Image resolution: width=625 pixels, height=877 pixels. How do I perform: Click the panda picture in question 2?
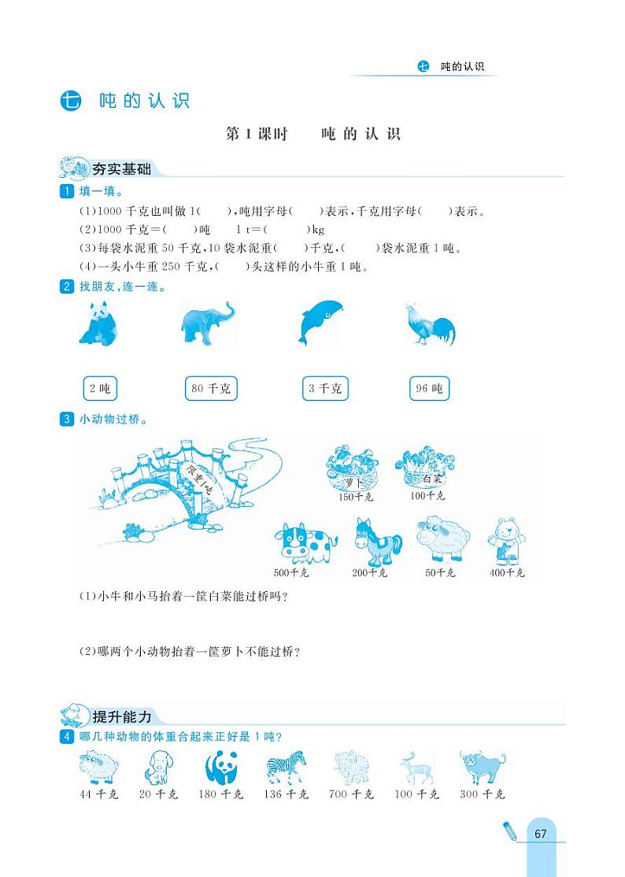[98, 324]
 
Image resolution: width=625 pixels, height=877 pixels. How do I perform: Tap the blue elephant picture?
[207, 324]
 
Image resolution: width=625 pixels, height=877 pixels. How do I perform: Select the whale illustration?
[320, 323]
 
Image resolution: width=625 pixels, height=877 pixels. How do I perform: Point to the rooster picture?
[429, 324]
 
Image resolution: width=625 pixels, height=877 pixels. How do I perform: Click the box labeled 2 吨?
[99, 388]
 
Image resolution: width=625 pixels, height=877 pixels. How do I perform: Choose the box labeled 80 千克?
[211, 388]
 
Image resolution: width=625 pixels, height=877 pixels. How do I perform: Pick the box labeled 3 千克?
[325, 388]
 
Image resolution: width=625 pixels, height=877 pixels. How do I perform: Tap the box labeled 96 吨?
[429, 388]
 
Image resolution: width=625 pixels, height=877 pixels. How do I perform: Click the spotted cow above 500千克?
[305, 543]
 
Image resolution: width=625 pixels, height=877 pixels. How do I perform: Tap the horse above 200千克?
[377, 542]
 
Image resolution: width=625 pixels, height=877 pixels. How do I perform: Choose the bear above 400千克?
[505, 542]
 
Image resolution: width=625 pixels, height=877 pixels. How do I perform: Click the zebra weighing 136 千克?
[286, 768]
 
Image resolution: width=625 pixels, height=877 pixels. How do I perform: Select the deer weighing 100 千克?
[416, 768]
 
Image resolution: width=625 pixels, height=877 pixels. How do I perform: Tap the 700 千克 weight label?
[351, 794]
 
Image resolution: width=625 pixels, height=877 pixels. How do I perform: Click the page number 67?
[540, 834]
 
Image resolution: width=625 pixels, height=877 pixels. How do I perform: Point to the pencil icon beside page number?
[509, 831]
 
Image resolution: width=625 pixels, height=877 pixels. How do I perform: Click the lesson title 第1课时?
[257, 135]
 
